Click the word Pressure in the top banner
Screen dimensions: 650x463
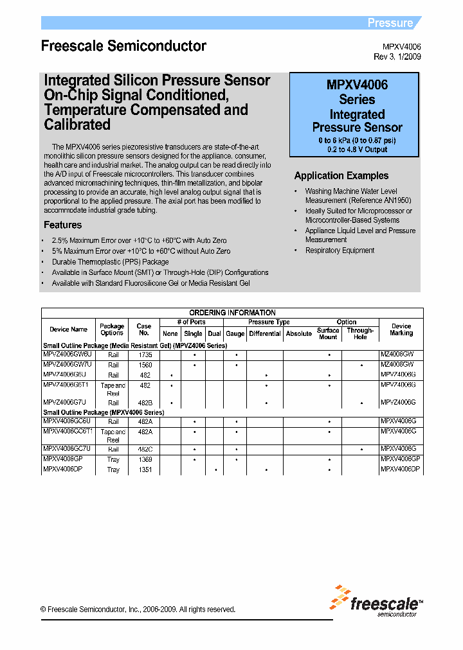(390, 23)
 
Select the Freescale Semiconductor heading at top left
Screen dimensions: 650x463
(123, 46)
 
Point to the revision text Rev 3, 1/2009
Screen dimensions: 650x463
(397, 57)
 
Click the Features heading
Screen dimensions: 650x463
(62, 225)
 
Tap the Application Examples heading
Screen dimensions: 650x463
(341, 175)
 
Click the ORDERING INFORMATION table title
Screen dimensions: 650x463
(232, 313)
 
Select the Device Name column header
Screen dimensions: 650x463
(68, 329)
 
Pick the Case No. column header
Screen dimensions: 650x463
(143, 329)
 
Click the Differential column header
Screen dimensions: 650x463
(265, 333)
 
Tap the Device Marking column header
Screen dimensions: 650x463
(401, 329)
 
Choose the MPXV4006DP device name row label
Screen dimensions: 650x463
(63, 470)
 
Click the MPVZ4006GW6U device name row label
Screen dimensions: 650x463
(68, 355)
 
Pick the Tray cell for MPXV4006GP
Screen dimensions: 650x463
(113, 460)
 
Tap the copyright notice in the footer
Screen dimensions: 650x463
(138, 610)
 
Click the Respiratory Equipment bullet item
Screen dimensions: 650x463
(340, 250)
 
